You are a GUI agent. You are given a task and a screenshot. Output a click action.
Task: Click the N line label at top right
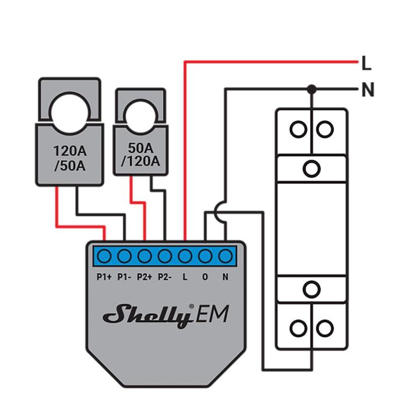tap(367, 90)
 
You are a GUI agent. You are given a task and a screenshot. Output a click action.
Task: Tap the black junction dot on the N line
tap(312, 89)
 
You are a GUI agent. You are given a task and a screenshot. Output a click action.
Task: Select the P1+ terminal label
tap(104, 277)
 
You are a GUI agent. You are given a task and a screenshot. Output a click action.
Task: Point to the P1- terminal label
tap(124, 277)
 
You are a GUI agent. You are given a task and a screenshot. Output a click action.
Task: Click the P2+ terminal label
tap(145, 277)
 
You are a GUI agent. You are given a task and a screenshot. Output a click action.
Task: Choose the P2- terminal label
tap(165, 277)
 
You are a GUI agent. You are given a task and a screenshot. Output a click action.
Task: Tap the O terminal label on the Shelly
tap(205, 277)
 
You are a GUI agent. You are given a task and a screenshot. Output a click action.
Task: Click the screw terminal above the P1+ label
tap(104, 256)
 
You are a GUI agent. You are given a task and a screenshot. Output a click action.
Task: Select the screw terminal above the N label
tap(225, 256)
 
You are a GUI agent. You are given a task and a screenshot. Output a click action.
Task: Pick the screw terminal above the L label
tap(185, 256)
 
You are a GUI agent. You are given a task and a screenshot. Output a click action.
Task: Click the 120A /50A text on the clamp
tap(69, 158)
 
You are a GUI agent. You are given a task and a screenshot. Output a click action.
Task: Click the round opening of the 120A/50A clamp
tap(69, 109)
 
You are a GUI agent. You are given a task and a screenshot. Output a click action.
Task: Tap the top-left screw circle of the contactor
tap(298, 129)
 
